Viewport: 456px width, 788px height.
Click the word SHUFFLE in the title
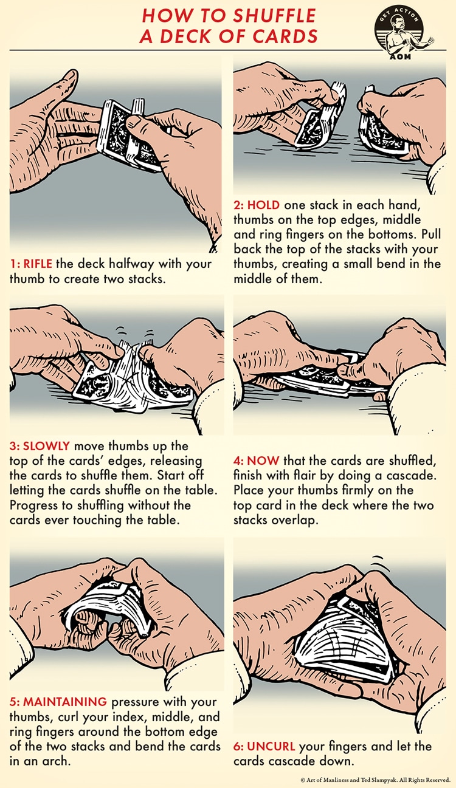pyautogui.click(x=274, y=16)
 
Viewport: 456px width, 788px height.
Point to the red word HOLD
pyautogui.click(x=263, y=205)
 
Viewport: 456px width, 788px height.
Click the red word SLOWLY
pyautogui.click(x=46, y=446)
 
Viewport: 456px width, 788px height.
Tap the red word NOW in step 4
pyautogui.click(x=263, y=461)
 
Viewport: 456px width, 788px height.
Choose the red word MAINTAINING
pyautogui.click(x=65, y=702)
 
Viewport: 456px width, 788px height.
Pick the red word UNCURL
pyautogui.click(x=271, y=746)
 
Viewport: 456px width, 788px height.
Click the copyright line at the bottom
pyautogui.click(x=376, y=779)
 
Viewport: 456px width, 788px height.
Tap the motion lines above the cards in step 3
pyautogui.click(x=136, y=332)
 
